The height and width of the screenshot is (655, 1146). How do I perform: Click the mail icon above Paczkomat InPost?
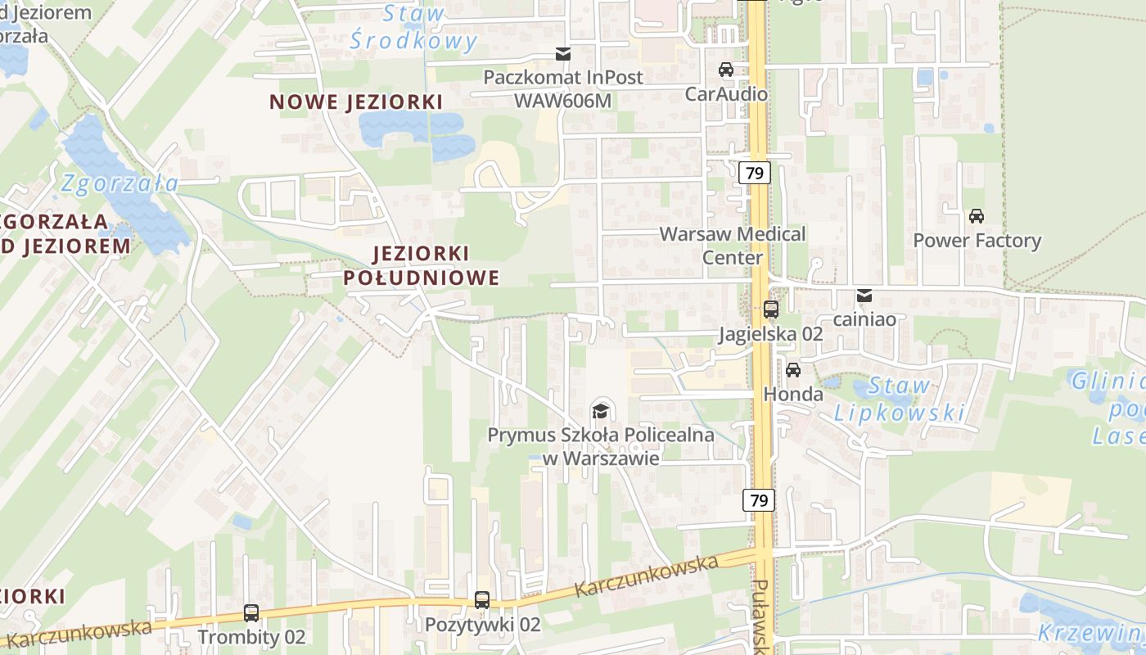(x=563, y=54)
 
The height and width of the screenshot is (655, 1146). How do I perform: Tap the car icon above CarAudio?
(x=725, y=70)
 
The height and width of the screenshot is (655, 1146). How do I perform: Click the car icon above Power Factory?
(x=976, y=216)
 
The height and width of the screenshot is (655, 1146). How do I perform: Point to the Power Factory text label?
(x=977, y=241)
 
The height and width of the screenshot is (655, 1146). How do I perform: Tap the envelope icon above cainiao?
(x=864, y=296)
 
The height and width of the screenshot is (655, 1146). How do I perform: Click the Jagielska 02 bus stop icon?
(x=771, y=309)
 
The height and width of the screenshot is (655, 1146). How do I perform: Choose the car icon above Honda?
(x=792, y=369)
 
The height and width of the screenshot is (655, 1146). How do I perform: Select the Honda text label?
(x=793, y=394)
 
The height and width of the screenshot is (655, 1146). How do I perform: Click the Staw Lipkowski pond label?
(x=900, y=399)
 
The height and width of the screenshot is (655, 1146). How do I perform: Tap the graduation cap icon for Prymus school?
(x=600, y=410)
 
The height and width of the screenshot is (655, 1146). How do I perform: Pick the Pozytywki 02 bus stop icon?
(x=482, y=600)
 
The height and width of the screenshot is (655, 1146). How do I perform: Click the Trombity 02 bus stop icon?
(x=251, y=612)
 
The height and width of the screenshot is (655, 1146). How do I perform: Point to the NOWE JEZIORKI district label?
(x=356, y=102)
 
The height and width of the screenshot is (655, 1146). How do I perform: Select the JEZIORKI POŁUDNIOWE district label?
(x=421, y=265)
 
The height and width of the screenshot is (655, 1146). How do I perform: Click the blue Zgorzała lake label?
(x=120, y=183)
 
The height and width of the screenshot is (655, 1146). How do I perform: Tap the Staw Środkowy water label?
(x=413, y=27)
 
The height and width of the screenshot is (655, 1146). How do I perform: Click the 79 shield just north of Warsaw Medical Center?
(x=755, y=173)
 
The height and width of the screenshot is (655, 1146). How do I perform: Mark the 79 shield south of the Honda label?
(x=759, y=499)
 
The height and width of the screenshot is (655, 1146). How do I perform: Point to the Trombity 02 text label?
(x=251, y=637)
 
